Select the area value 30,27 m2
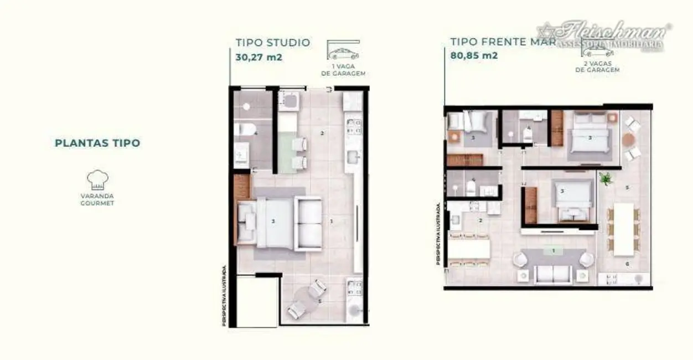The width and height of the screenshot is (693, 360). [259, 56]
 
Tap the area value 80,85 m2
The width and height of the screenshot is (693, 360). [473, 55]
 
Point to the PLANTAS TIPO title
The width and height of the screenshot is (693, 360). [97, 143]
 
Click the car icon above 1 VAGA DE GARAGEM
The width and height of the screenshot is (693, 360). [343, 54]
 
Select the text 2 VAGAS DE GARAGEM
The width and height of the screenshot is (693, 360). [597, 68]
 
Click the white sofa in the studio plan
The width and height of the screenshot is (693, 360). [308, 223]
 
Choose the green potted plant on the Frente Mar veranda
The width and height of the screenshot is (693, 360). [606, 179]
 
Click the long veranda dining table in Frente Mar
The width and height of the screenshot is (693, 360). [623, 228]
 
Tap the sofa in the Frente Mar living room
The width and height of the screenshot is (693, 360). [553, 274]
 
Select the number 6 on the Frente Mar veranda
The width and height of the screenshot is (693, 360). [627, 264]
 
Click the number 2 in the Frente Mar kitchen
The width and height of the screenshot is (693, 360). [480, 220]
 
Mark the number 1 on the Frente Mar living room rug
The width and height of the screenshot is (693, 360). [553, 251]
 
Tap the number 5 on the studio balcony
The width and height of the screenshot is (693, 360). [320, 302]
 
